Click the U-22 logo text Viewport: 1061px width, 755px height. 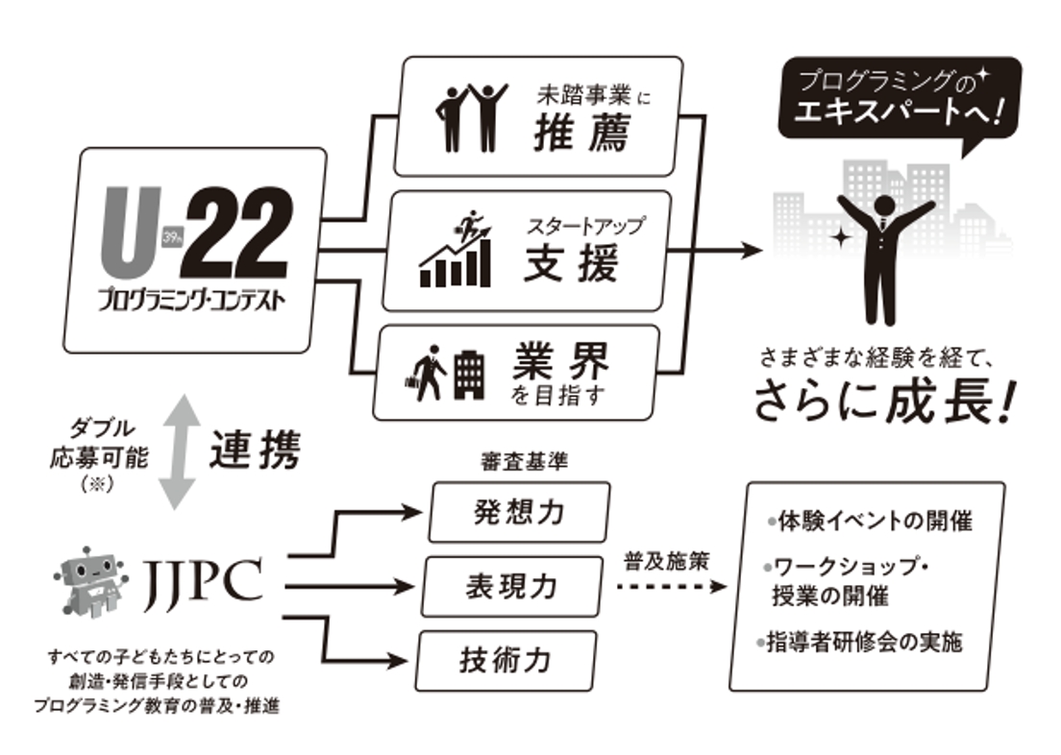point(192,235)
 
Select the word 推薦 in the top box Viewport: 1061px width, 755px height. point(580,134)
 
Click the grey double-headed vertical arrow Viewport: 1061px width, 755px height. point(178,451)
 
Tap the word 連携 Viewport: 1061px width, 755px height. point(255,450)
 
